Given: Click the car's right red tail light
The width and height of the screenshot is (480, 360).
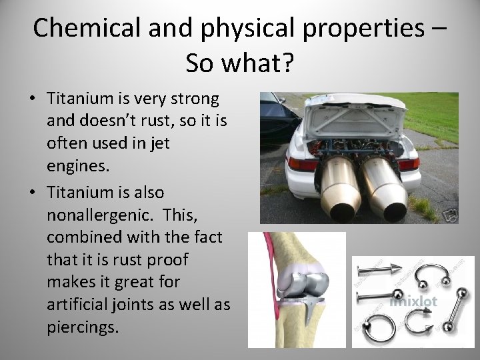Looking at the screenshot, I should pos(408,163).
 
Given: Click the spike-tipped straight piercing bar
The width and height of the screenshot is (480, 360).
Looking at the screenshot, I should pos(379,271).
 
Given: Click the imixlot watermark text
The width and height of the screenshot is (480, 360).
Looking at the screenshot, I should pos(413,302).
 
